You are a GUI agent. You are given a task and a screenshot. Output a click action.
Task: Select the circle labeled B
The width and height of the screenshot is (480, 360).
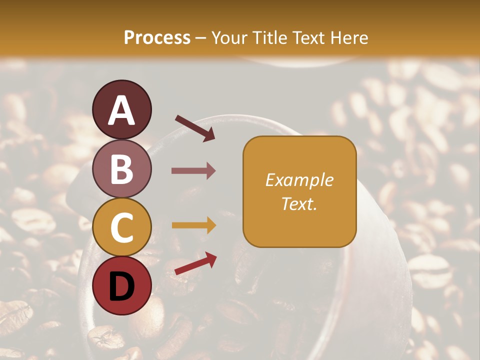[x=122, y=169]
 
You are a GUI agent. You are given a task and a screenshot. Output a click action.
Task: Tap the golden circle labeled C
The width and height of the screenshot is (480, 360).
[x=122, y=227]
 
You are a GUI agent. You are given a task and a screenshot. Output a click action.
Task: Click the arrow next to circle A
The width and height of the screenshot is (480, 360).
[x=195, y=128]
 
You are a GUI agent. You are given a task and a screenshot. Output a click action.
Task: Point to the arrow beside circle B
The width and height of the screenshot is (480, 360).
[x=193, y=171]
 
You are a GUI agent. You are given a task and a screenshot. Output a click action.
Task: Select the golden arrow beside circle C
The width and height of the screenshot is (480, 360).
[x=193, y=225]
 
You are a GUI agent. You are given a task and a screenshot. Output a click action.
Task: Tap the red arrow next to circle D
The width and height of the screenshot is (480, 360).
[x=195, y=263]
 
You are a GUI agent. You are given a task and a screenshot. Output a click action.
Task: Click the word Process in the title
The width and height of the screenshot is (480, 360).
[x=157, y=38]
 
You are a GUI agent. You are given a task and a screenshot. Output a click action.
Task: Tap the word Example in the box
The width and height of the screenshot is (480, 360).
[x=299, y=180]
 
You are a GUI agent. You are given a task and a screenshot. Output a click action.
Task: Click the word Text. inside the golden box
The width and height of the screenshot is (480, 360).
[x=299, y=203]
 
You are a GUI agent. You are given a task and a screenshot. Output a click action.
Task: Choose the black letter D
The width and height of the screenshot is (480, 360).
[x=122, y=286]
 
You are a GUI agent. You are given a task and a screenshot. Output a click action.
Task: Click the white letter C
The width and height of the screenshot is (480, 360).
[x=122, y=227]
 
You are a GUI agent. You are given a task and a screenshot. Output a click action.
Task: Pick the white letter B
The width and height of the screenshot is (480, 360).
[x=122, y=169]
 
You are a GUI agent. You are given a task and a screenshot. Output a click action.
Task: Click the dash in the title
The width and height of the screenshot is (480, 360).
[x=201, y=38]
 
